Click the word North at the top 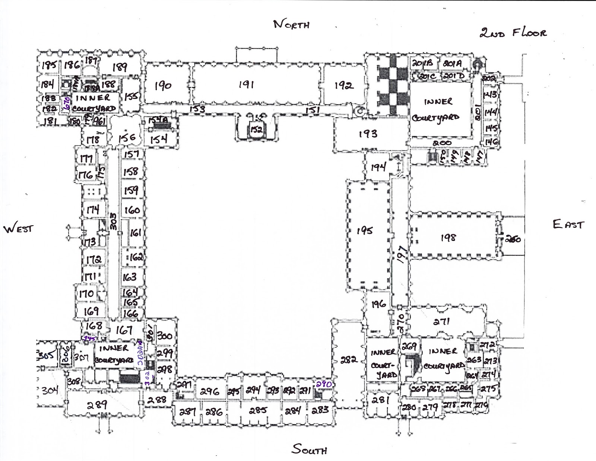coord(291,25)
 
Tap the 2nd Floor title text coord(513,33)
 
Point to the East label coord(568,224)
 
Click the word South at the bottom coord(309,449)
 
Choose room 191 coord(246,85)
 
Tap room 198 coord(448,237)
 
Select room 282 coord(349,360)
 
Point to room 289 coord(98,404)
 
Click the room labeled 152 coord(256,130)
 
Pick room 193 coord(368,133)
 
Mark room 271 coord(442,321)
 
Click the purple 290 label coord(323,384)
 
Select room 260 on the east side coord(513,239)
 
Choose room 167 coord(124,330)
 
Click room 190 coord(163,86)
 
